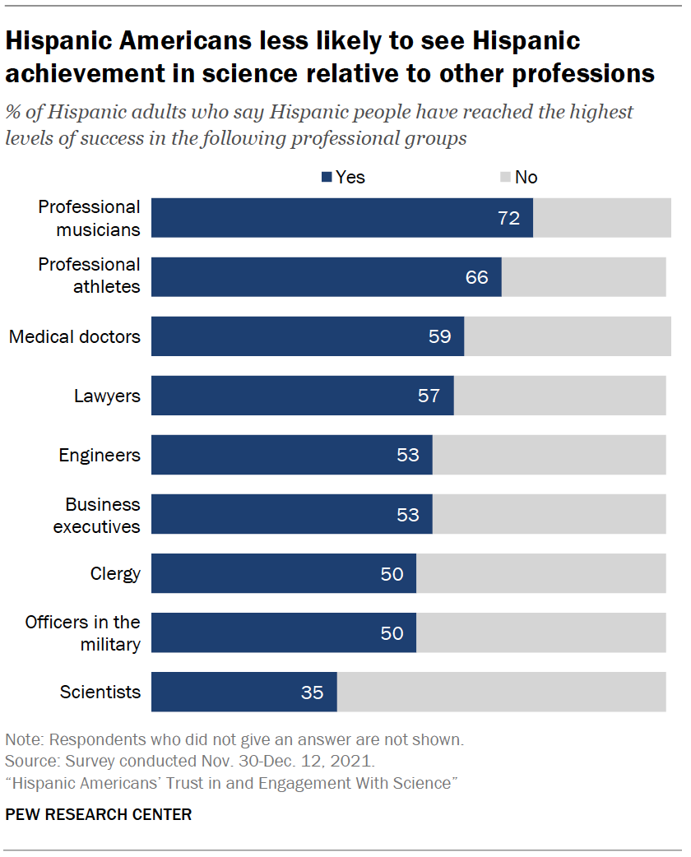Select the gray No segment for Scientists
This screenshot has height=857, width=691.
pyautogui.click(x=501, y=692)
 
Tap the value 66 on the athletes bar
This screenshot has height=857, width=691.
pyautogui.click(x=477, y=277)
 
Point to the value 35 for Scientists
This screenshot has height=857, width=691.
pyautogui.click(x=312, y=693)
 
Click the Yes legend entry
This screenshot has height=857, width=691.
pyautogui.click(x=344, y=177)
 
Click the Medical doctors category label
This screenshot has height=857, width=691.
pyautogui.click(x=75, y=336)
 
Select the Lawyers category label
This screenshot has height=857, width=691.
pyautogui.click(x=107, y=396)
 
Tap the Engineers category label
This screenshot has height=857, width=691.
pyautogui.click(x=100, y=455)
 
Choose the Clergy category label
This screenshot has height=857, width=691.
pyautogui.click(x=115, y=573)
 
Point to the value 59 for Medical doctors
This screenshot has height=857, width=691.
pyautogui.click(x=439, y=336)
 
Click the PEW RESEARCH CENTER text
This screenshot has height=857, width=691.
pyautogui.click(x=99, y=815)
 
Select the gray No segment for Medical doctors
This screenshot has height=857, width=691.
pyautogui.click(x=568, y=336)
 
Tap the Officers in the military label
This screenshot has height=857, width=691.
pyautogui.click(x=82, y=632)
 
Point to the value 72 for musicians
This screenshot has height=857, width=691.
pyautogui.click(x=509, y=218)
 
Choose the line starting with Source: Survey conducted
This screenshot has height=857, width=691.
pyautogui.click(x=190, y=761)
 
